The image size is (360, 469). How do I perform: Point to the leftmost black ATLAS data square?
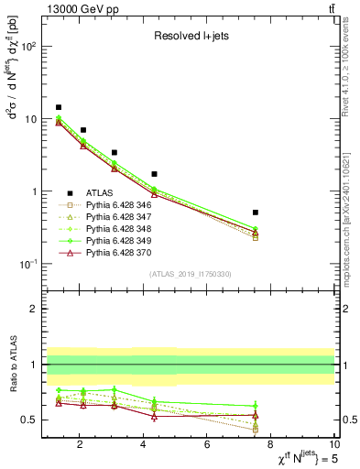[59, 107]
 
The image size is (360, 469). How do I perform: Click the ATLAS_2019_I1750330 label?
[189, 274]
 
